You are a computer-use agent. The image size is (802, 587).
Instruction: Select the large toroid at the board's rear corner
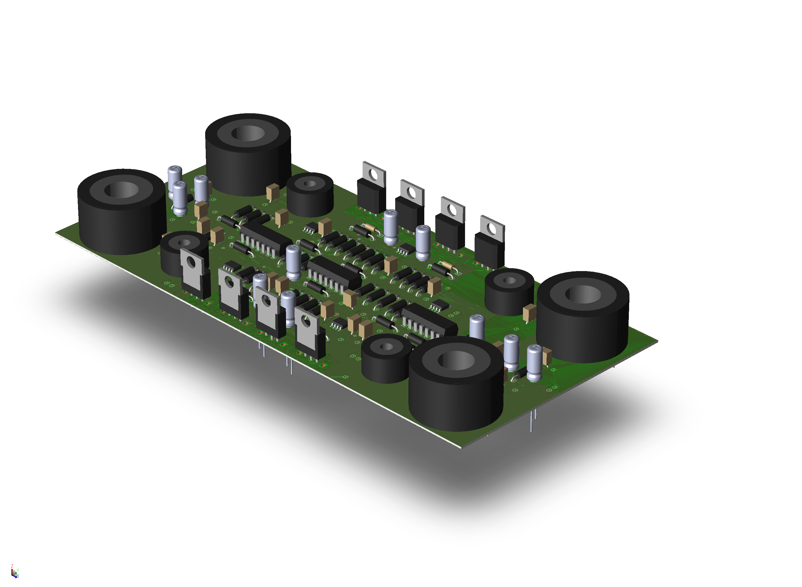248,155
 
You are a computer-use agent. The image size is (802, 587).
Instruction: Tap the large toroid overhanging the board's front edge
456,383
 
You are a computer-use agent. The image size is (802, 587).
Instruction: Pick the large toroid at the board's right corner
583,317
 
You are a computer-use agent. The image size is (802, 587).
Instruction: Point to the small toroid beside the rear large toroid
310,195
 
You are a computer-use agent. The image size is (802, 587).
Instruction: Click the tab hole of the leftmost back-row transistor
373,174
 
